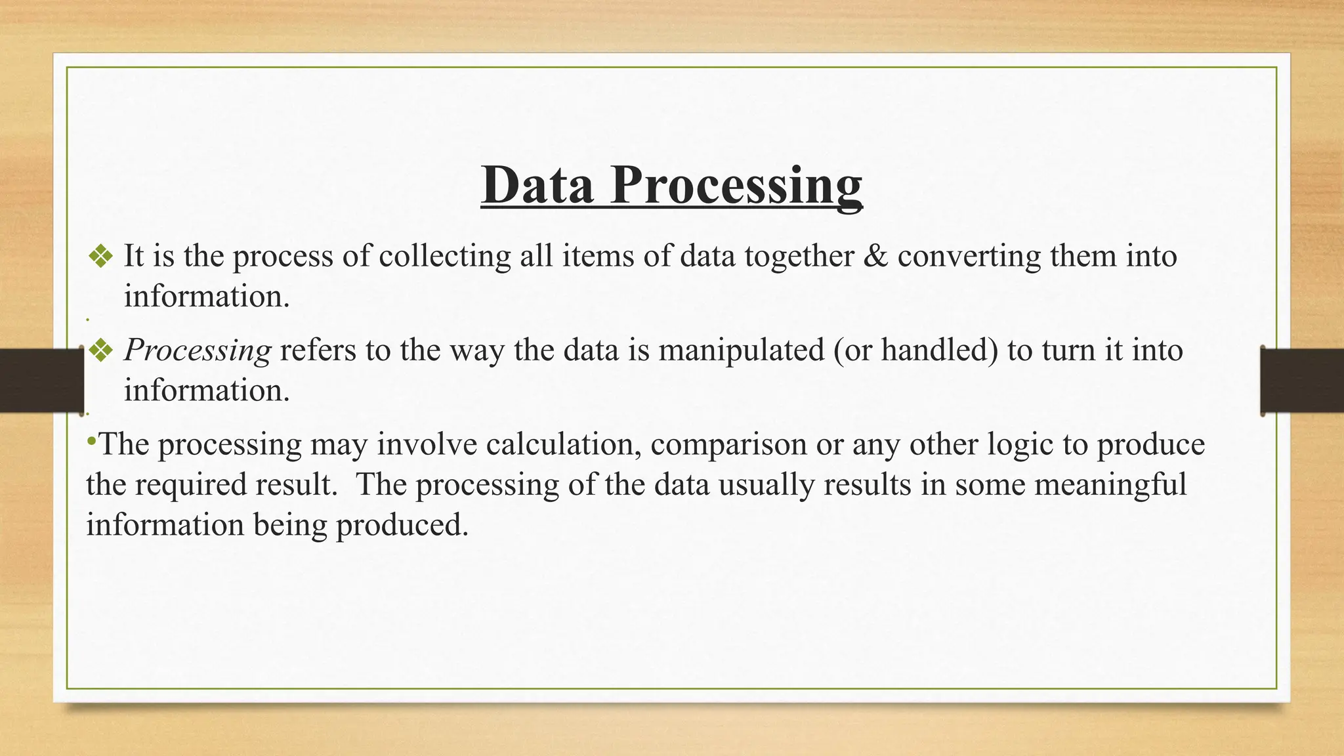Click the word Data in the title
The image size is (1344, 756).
pyautogui.click(x=537, y=186)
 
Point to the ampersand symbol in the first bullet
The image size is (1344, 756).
pyautogui.click(x=875, y=256)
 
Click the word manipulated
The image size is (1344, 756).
pyautogui.click(x=742, y=350)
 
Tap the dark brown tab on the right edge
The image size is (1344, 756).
pyautogui.click(x=1303, y=381)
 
